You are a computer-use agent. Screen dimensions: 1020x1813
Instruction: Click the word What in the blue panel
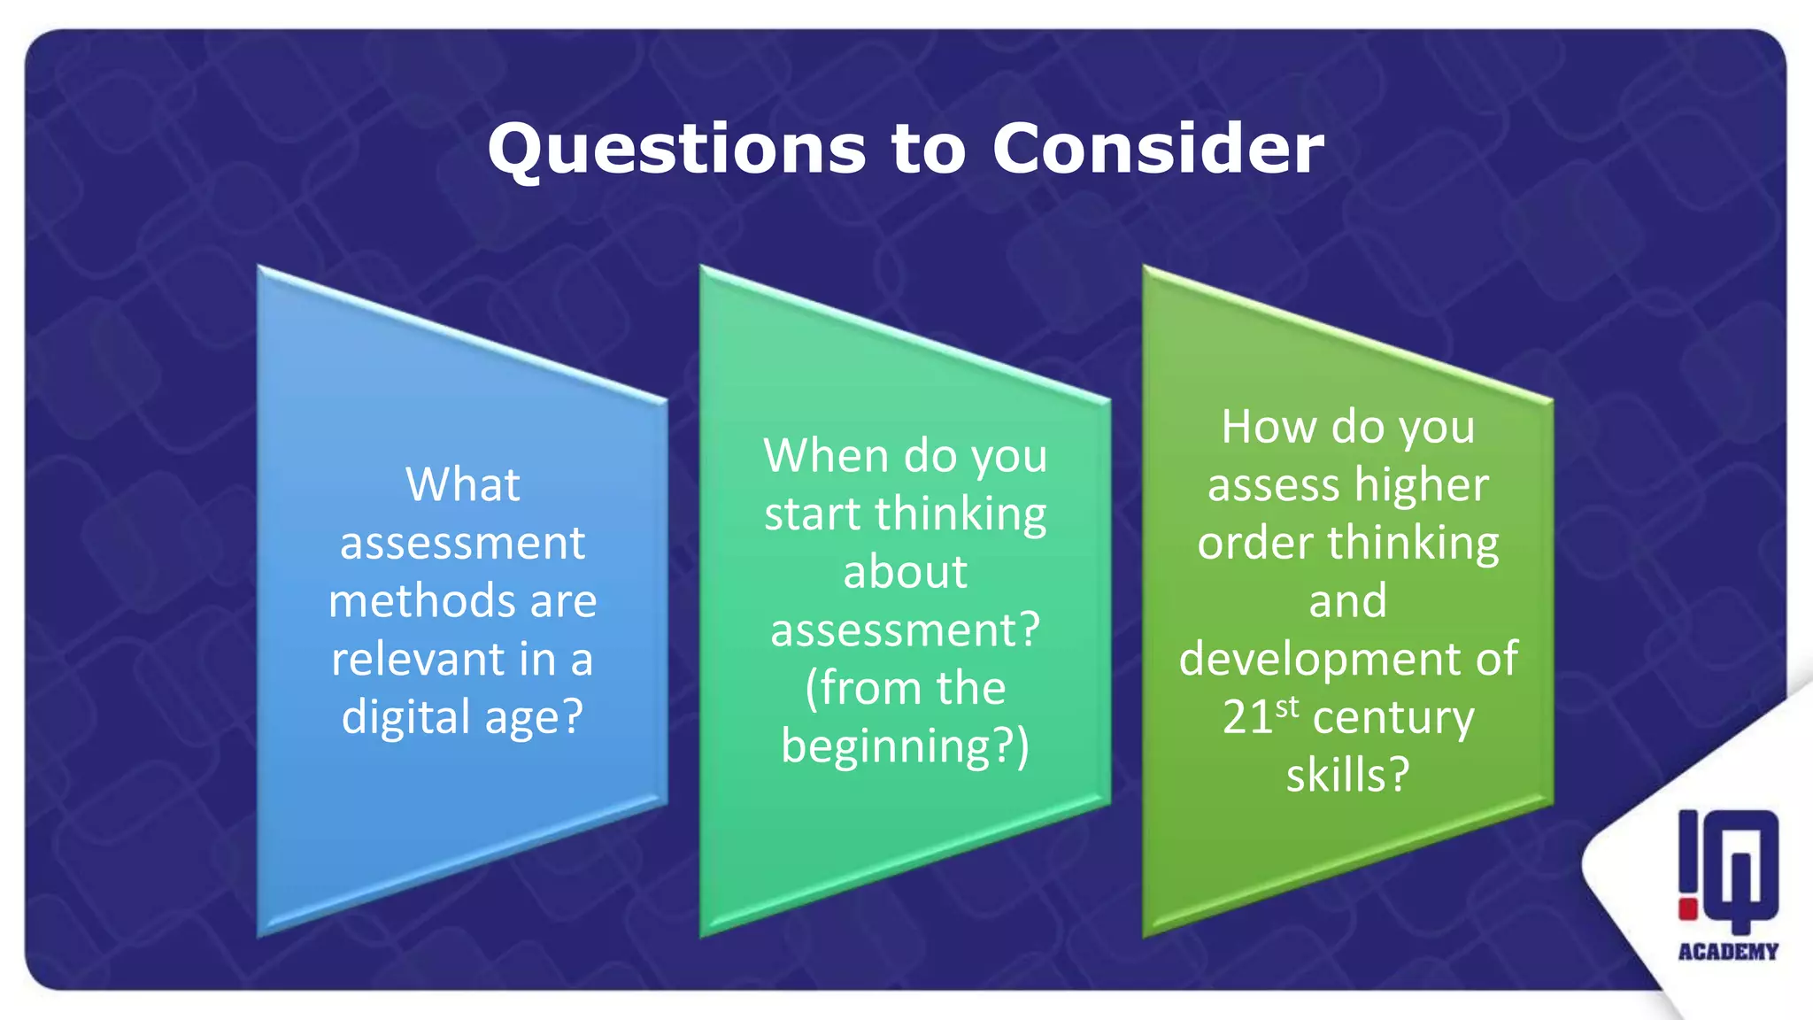pos(462,484)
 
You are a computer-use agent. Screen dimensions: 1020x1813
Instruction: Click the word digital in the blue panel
pos(406,716)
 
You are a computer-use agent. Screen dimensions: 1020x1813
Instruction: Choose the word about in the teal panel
pos(905,572)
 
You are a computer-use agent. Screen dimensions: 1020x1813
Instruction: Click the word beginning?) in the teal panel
pos(905,746)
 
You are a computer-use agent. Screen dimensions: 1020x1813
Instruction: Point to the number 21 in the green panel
pos(1247,717)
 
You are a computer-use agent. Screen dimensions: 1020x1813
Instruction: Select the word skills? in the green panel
pos(1347,775)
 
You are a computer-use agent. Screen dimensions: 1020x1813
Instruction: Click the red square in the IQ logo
pos(1687,909)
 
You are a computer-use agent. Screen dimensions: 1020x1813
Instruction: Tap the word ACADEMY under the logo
pos(1728,952)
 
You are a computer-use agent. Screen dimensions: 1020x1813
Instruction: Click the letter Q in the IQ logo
pos(1740,868)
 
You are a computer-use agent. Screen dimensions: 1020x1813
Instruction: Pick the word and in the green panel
pos(1347,601)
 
